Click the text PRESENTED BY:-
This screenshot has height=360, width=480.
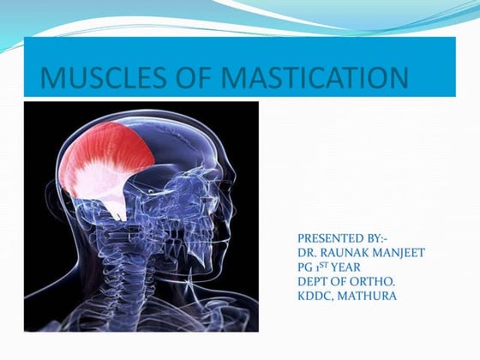coord(343,237)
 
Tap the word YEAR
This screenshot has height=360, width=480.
coord(346,267)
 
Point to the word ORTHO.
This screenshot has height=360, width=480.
coord(370,281)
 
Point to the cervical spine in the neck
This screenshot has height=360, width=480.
coord(129,274)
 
